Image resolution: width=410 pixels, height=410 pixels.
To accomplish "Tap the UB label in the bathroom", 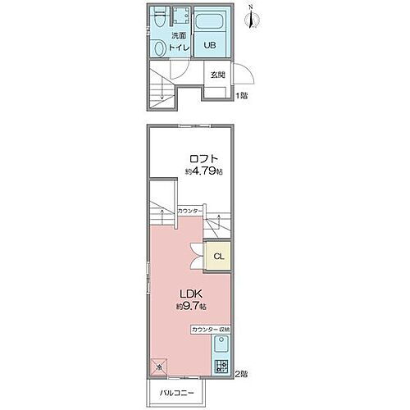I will click(209, 46).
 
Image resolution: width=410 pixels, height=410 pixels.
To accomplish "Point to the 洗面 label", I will click(179, 37).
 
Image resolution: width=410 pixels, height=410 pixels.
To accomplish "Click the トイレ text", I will click(179, 48).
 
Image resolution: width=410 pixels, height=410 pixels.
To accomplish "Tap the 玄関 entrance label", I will click(217, 75).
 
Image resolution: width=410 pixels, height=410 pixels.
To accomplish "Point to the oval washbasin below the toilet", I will click(159, 49).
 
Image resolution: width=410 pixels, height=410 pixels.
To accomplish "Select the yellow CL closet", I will click(218, 256).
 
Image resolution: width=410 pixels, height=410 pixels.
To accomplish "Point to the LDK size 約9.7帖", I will click(189, 307).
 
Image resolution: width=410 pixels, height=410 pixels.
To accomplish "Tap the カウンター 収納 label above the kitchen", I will click(211, 329).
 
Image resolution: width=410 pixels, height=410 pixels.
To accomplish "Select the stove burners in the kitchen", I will click(220, 367).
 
